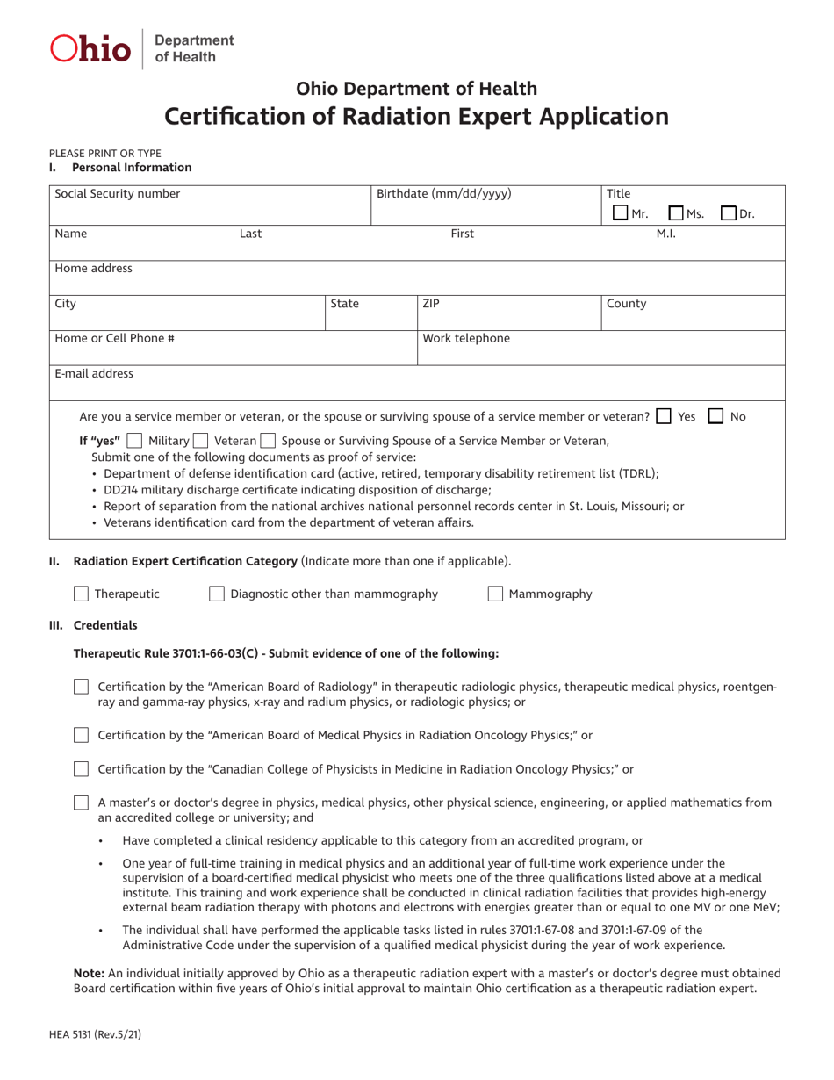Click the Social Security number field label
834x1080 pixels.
117,193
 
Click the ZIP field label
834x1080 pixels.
431,304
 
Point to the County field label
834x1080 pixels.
626,304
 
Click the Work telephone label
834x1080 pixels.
466,338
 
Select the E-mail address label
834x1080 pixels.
94,373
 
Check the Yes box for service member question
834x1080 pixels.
665,416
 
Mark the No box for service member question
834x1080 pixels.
716,416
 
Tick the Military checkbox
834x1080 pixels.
134,440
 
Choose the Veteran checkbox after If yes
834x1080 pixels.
200,440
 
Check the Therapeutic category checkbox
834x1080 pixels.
81,594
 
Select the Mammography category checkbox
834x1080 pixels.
495,594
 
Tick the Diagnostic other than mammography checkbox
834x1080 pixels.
216,594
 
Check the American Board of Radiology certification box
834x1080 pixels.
81,687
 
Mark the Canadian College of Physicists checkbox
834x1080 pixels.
81,769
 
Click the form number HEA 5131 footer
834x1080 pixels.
95,1035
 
